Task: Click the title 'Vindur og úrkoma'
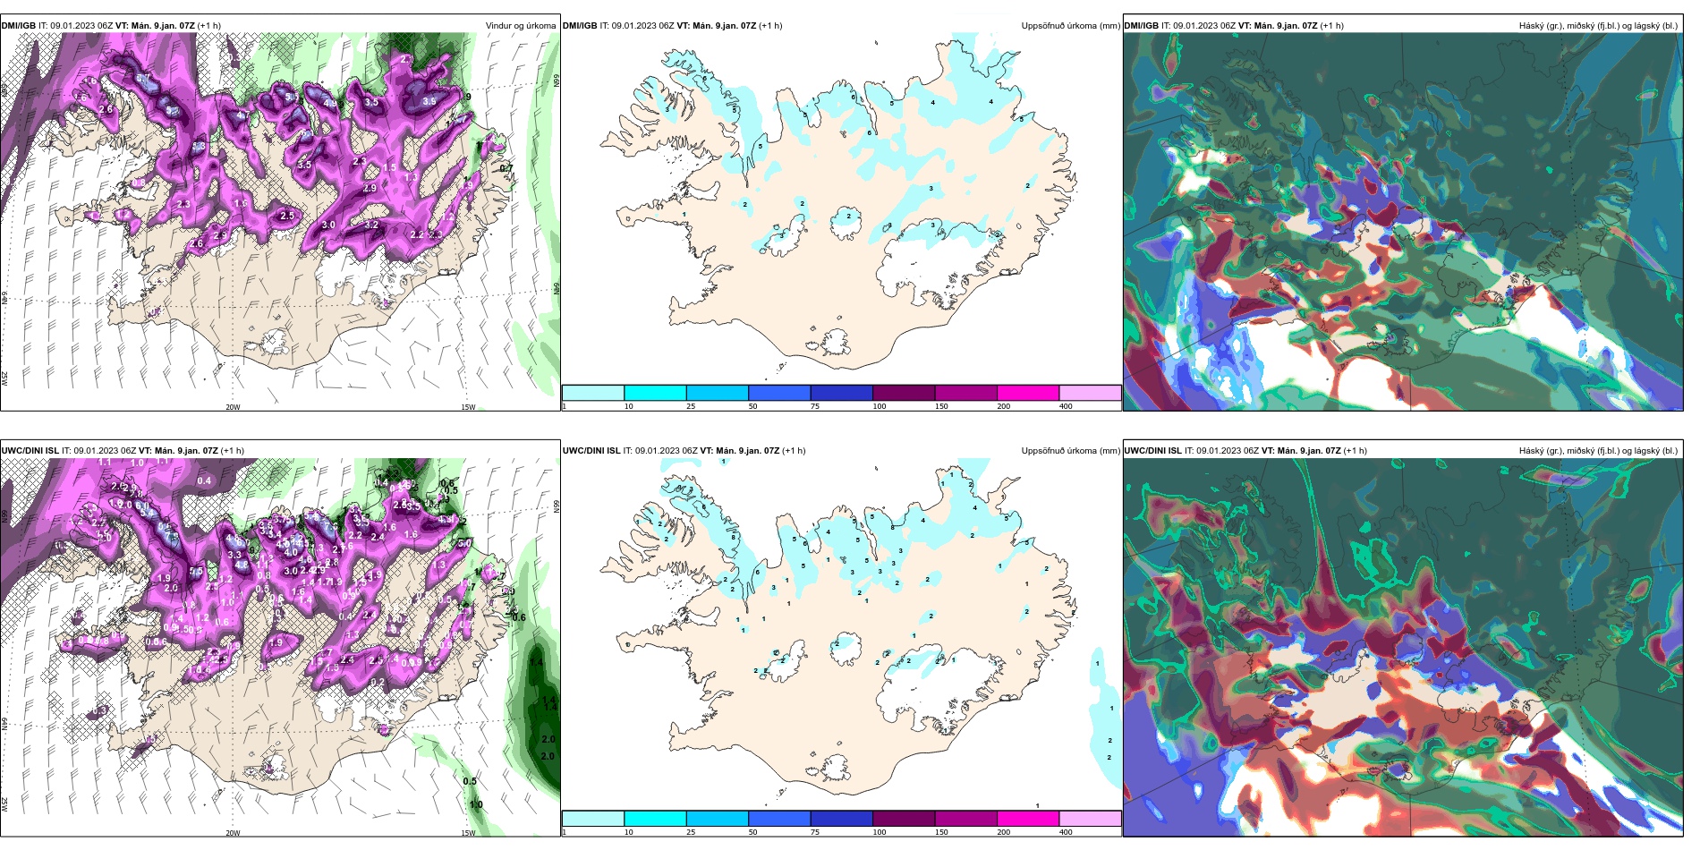520,26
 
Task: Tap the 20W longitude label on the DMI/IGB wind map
233,407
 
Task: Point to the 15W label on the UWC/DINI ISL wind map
468,833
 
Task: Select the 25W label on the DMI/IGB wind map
4,378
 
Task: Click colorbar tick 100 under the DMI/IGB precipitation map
880,406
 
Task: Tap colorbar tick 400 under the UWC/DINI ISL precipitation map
1066,832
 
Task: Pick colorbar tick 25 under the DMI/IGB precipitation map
691,406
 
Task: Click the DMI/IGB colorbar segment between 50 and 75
778,393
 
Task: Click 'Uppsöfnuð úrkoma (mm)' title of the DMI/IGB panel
1070,26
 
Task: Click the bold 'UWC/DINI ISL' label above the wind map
30,451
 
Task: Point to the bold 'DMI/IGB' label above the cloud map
1141,26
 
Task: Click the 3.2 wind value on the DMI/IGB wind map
371,225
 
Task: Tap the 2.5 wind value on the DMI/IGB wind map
287,216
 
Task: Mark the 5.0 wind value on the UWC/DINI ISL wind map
464,543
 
